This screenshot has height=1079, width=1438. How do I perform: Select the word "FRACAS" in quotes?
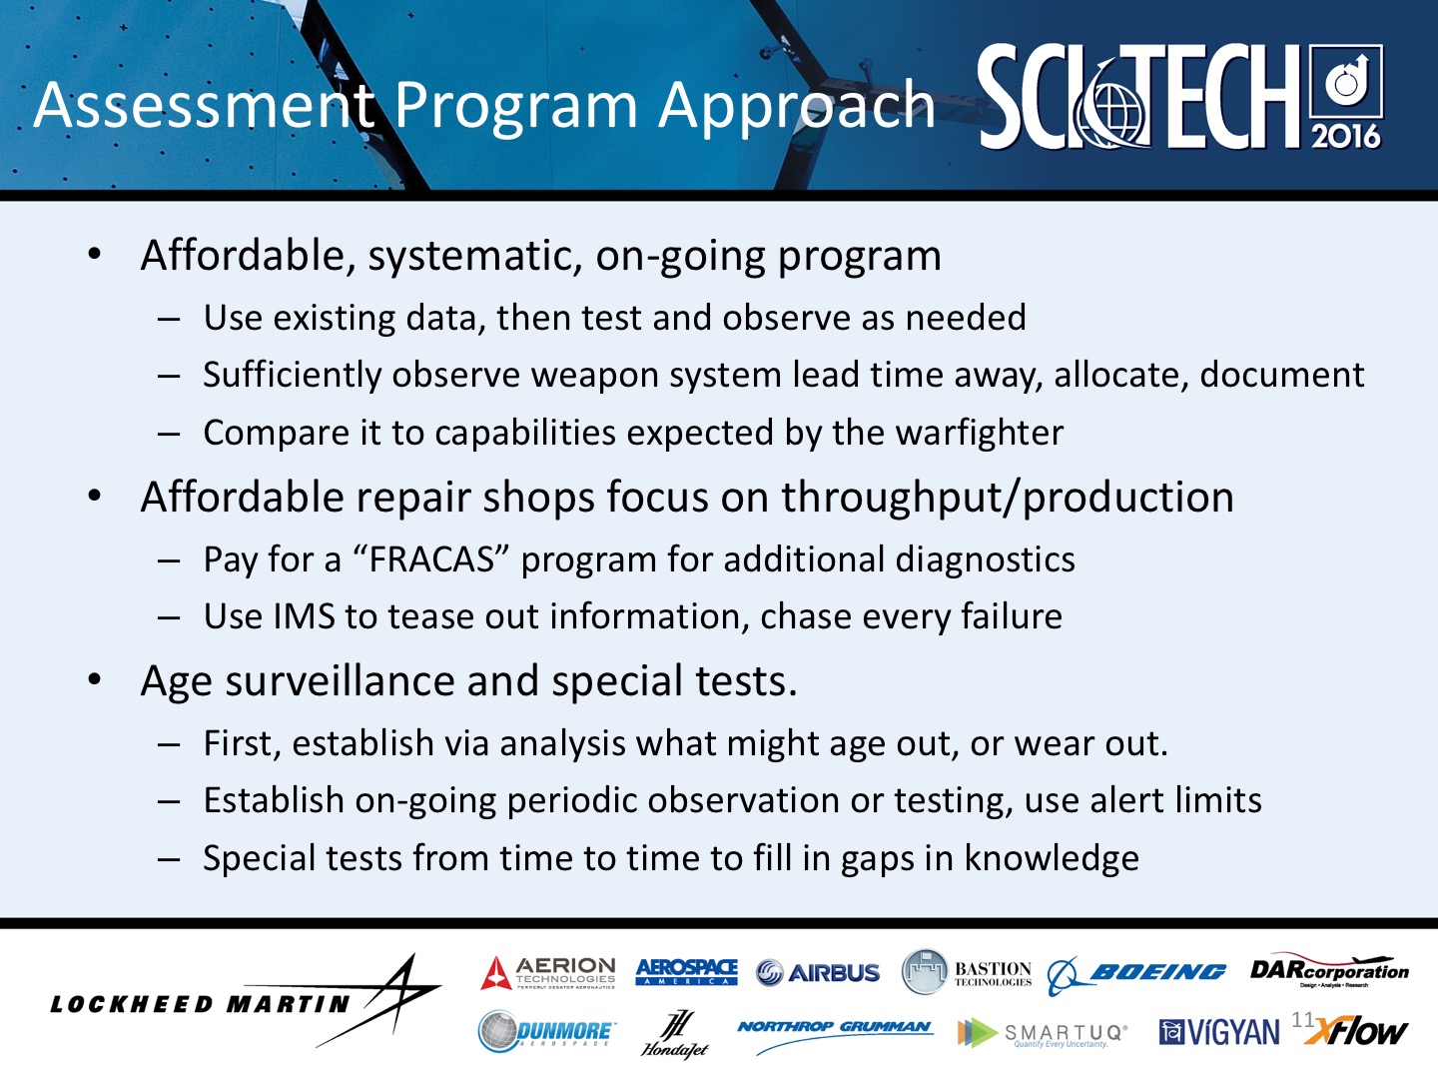pos(431,559)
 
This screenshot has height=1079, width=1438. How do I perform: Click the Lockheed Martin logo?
pos(245,1002)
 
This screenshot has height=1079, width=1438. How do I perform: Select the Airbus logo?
pos(818,972)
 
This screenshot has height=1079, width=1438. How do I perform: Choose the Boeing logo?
pos(1136,972)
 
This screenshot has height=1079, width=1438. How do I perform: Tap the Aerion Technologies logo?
pos(548,972)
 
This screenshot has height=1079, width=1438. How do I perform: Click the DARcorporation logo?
pos(1328,970)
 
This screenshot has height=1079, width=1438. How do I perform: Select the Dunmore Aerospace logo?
pos(546,1031)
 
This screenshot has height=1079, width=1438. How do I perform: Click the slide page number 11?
pos(1302,1019)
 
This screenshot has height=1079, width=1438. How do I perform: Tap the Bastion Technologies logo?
pos(967,971)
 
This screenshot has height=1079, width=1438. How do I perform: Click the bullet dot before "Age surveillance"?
pos(94,680)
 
